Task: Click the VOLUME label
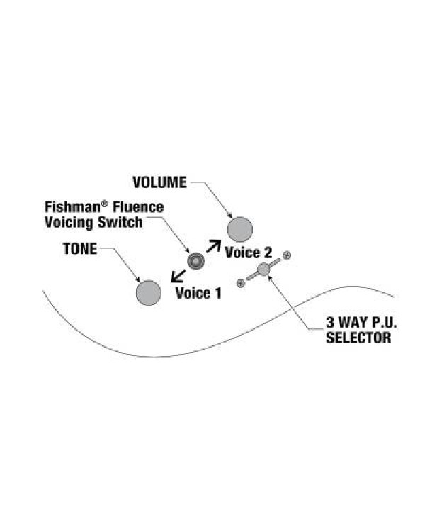159,182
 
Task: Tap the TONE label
80,249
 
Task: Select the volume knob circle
240,229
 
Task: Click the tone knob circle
149,293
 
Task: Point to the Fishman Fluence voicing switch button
196,261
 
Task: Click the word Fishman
73,206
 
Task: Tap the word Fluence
138,206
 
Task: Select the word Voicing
69,222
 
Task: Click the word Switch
120,222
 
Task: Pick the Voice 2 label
249,253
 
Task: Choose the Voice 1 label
198,293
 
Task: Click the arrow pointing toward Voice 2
213,246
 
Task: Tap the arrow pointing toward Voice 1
178,276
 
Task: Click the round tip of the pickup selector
263,270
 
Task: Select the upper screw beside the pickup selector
287,255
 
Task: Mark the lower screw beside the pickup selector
241,283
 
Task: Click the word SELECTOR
358,338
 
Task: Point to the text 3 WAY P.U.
361,322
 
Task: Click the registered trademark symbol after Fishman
105,204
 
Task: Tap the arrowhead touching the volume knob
229,216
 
